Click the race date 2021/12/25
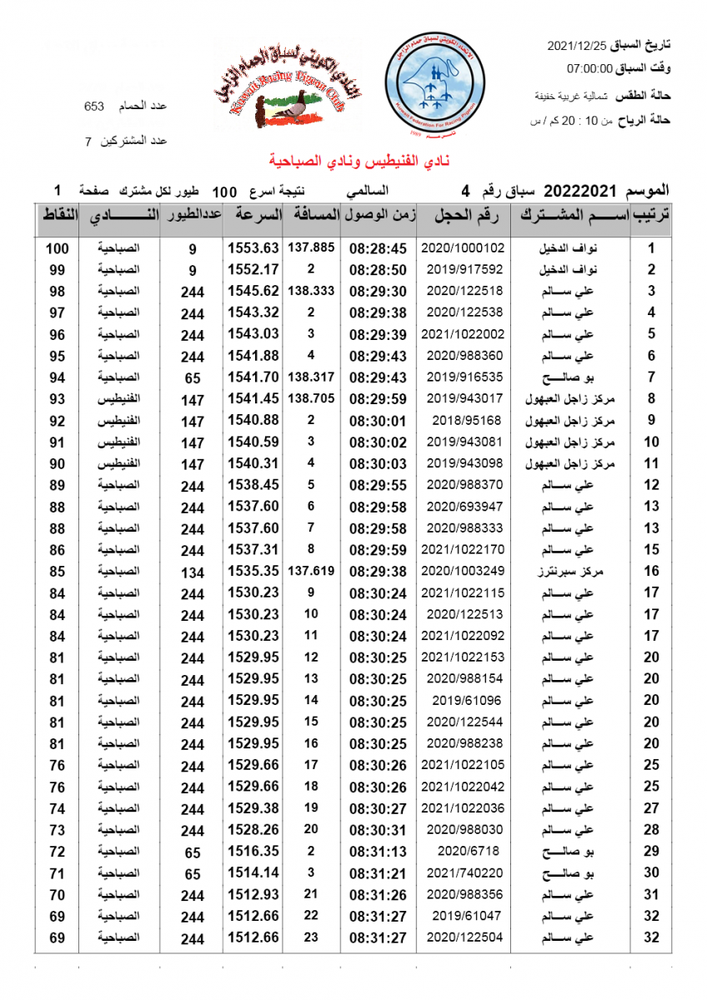tap(576, 45)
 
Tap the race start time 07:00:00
tap(590, 68)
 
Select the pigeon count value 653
tap(94, 107)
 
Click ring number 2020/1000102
tap(463, 248)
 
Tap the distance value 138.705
tap(311, 399)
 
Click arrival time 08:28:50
tap(378, 270)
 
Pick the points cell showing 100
tap(57, 248)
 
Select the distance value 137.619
tap(311, 571)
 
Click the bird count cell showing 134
tap(193, 572)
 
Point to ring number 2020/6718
tap(463, 851)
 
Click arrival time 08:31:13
tap(378, 851)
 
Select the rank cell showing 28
tap(651, 829)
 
